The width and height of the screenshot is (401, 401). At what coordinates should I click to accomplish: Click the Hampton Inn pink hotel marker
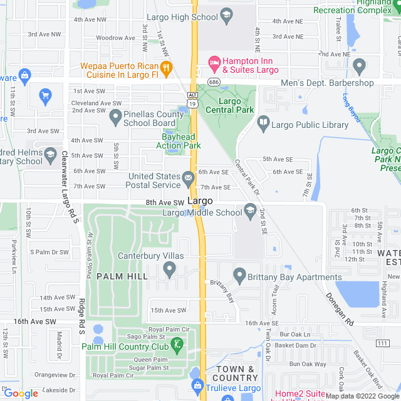tap(214, 61)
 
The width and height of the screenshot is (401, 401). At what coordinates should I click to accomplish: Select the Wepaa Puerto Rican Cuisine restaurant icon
tap(167, 67)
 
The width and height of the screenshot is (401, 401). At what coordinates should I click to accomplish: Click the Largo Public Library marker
tap(263, 124)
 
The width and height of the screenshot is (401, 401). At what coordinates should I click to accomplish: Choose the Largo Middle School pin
tap(251, 209)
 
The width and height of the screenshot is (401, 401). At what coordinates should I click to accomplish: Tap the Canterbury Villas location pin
tap(169, 269)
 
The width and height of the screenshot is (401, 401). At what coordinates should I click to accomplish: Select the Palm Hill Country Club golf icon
tap(179, 343)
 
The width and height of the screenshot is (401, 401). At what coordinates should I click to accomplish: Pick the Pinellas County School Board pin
tap(115, 116)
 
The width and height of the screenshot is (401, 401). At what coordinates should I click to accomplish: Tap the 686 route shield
tap(214, 83)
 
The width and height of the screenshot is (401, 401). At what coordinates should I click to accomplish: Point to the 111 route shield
tap(382, 343)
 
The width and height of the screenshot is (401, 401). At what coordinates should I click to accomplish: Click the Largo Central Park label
tap(236, 105)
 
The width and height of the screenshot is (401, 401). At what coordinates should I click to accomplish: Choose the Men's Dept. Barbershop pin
tap(360, 65)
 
